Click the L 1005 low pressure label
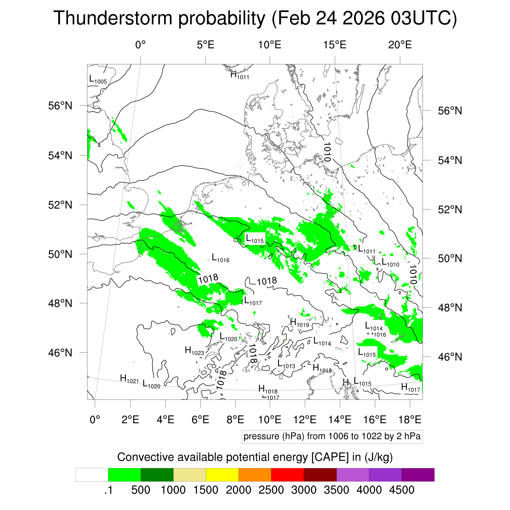98,79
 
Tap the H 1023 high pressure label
194,351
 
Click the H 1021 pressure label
129,379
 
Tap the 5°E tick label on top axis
205,45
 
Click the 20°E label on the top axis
400,45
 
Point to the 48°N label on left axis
60,303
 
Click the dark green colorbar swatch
157,475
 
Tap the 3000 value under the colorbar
304,490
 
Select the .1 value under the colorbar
108,490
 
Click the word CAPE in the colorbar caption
330,457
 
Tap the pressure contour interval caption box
332,436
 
